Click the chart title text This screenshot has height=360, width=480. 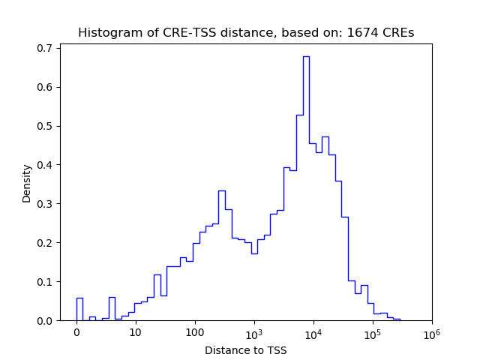(x=245, y=33)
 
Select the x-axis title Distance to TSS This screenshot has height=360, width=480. (x=245, y=350)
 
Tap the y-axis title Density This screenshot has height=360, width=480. (x=27, y=183)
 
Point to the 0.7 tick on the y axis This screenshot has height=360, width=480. (x=46, y=48)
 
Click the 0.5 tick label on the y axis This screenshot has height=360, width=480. (x=46, y=126)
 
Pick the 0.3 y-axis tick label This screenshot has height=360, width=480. (x=46, y=204)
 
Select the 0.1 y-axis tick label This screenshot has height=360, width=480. (x=46, y=282)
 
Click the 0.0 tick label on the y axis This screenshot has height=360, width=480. (x=46, y=321)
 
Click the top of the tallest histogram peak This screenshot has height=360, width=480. (x=306, y=57)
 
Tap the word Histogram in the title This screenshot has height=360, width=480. (x=106, y=33)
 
